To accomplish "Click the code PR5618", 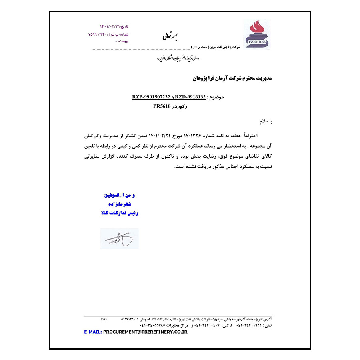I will coord(162,106).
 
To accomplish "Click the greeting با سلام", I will coord(264,120).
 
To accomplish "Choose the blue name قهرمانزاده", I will coord(120,204).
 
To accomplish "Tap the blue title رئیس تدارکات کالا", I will coord(120,213).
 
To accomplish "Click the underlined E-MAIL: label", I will coord(93,332).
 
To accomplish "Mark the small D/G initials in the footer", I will coord(104,319).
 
